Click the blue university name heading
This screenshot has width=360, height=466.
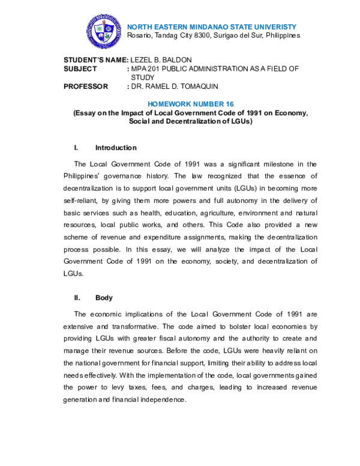(x=212, y=27)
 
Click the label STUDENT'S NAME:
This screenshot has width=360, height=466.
(x=96, y=61)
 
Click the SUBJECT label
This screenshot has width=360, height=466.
(x=80, y=69)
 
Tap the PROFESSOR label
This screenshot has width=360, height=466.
(x=86, y=86)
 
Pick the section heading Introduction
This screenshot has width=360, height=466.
(x=116, y=148)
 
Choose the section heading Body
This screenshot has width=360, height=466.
(x=104, y=298)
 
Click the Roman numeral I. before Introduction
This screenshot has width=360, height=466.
(x=76, y=148)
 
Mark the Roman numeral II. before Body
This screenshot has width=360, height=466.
(x=77, y=298)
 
